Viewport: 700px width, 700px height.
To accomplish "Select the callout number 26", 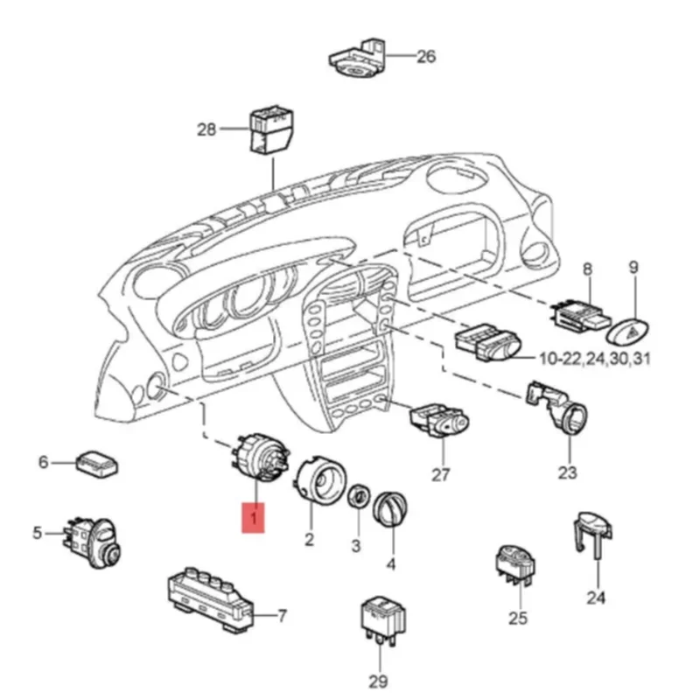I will click(x=425, y=58).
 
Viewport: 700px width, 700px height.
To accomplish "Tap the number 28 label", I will click(x=206, y=129).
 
